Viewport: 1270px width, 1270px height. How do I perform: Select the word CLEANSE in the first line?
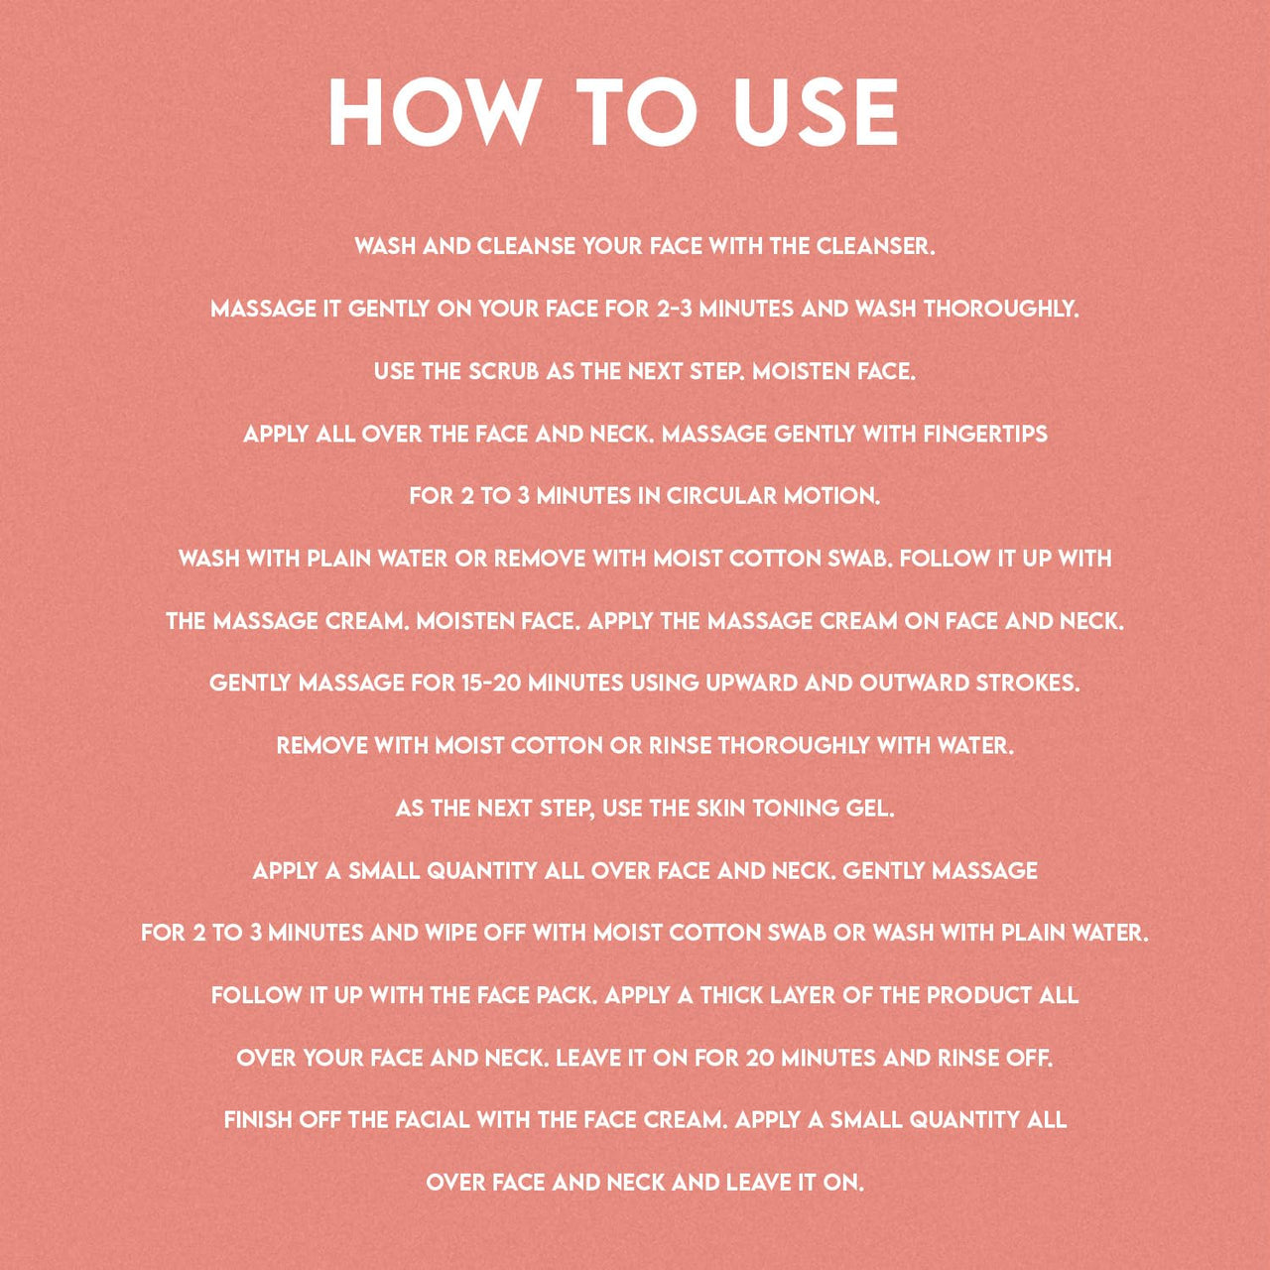point(525,246)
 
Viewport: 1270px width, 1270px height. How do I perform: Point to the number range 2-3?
point(675,309)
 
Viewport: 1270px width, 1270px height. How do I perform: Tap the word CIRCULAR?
point(720,496)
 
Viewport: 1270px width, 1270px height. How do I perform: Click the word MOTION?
point(831,496)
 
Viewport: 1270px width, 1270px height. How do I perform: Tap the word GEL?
point(872,808)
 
